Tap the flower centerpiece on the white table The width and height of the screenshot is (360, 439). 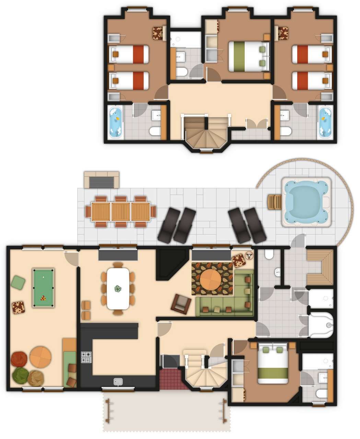[118, 289]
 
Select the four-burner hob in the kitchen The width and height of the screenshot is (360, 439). [86, 357]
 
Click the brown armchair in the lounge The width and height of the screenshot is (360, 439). [182, 304]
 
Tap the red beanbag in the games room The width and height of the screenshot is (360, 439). [19, 360]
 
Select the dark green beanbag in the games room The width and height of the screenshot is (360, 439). [21, 376]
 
